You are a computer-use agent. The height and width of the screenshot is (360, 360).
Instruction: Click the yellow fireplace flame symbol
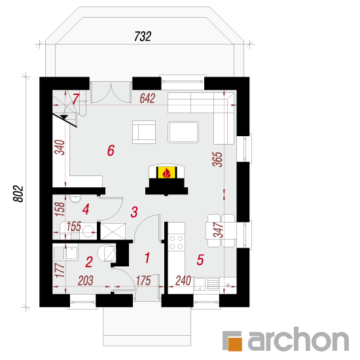tap(167, 172)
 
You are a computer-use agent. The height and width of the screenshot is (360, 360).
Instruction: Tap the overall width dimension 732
tap(143, 37)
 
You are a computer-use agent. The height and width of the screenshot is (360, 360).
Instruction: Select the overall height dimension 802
tap(18, 194)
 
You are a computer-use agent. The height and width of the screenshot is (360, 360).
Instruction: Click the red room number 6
tap(111, 151)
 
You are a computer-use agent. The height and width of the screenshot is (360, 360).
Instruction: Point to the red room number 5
tap(200, 260)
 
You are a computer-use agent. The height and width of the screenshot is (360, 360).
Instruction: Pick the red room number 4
tap(86, 209)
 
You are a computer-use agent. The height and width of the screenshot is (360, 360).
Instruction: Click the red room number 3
tap(134, 212)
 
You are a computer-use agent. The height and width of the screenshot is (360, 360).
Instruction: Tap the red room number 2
tap(89, 262)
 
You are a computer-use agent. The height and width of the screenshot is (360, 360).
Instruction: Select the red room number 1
tap(147, 257)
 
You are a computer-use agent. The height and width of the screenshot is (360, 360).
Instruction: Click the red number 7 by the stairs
tap(76, 99)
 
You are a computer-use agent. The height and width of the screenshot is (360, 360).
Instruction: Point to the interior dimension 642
tap(148, 98)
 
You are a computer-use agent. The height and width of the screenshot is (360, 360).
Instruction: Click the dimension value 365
tap(218, 159)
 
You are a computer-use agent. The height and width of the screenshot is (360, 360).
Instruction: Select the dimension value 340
tap(60, 147)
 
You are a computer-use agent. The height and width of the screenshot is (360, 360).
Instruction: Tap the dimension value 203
tap(86, 281)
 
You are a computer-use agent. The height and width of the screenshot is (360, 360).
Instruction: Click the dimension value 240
tap(183, 281)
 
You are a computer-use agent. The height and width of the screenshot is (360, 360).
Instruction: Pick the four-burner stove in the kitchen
tap(176, 243)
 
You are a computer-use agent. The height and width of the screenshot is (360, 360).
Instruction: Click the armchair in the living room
tap(144, 132)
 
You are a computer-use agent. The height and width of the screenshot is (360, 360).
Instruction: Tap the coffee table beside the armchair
tap(183, 132)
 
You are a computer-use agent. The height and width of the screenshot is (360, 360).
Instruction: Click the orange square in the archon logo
tap(235, 344)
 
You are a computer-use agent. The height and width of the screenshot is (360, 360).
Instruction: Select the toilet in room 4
tap(75, 198)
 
